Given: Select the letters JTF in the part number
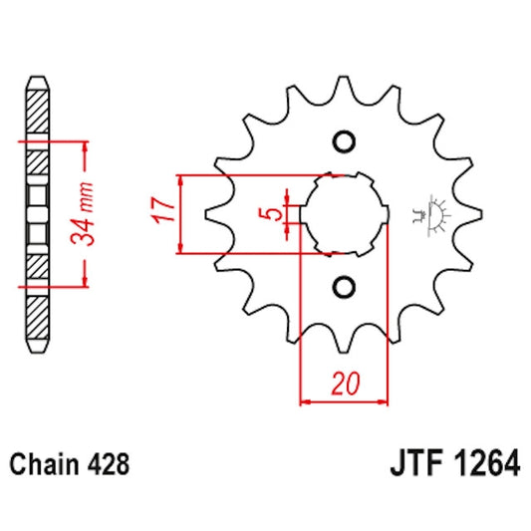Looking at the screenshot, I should (409, 464).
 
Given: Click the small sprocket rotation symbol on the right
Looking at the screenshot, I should (432, 213).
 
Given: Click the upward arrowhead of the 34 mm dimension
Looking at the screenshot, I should (86, 146).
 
